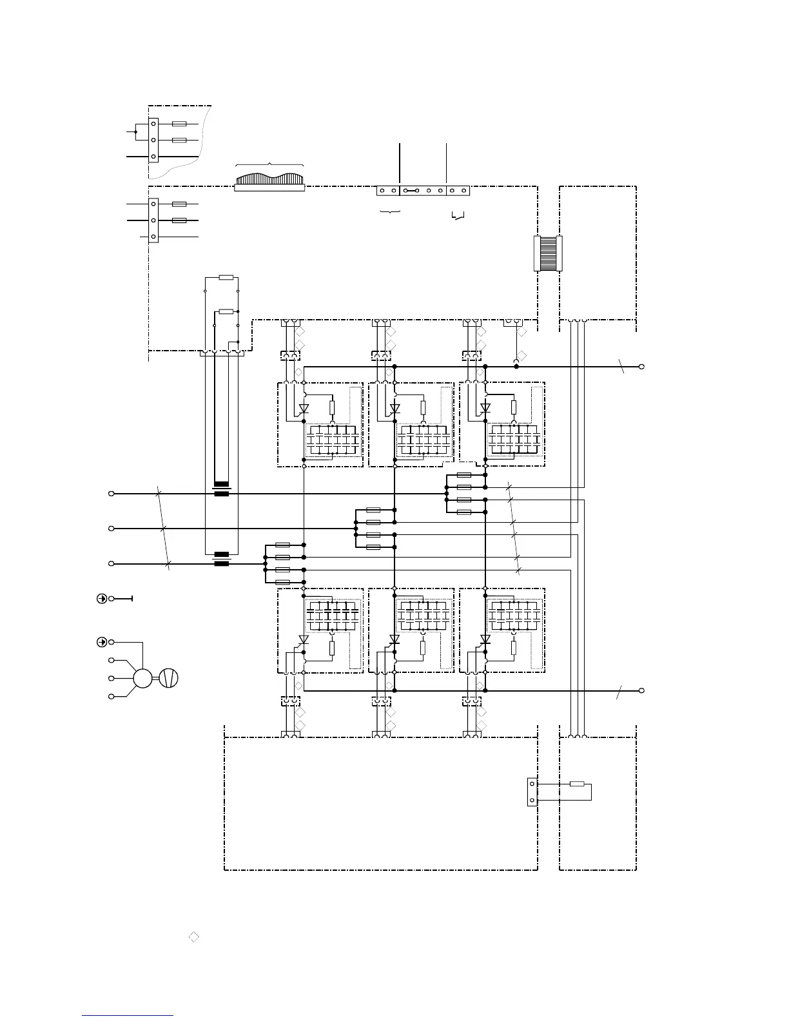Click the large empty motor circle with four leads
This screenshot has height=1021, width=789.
click(x=142, y=678)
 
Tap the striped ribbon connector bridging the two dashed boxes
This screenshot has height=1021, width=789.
click(x=549, y=253)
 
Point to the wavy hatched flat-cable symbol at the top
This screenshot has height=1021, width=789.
click(x=269, y=181)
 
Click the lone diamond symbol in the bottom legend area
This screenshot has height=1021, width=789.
click(x=194, y=937)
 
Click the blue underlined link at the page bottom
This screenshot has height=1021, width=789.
click(x=128, y=1016)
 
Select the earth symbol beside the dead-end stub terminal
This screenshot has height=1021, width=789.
click(x=101, y=599)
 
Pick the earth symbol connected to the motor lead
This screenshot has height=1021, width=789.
click(x=101, y=642)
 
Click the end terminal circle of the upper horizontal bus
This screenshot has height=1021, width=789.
click(x=641, y=367)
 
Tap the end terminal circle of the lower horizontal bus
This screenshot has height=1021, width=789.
click(x=641, y=690)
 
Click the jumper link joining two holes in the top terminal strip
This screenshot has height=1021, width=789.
click(x=411, y=191)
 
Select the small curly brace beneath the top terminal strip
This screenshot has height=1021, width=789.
click(x=390, y=211)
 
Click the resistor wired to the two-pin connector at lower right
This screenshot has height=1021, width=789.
click(x=577, y=784)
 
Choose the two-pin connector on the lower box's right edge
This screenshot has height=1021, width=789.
click(x=532, y=792)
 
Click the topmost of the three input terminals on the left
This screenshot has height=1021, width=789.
click(x=111, y=494)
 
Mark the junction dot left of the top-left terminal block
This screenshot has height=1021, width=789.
click(x=135, y=131)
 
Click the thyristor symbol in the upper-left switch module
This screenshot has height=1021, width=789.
click(x=304, y=408)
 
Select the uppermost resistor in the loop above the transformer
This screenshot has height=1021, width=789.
click(x=226, y=278)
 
